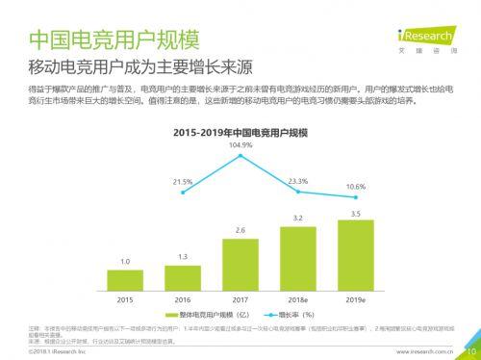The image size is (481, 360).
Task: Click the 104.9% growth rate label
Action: click(240, 144)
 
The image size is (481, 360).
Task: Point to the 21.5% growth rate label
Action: click(183, 181)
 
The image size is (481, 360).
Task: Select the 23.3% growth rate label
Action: click(298, 180)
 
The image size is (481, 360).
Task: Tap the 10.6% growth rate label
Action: click(356, 186)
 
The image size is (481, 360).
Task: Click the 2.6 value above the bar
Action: click(240, 230)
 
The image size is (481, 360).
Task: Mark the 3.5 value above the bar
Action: click(356, 213)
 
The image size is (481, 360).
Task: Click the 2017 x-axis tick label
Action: click(240, 300)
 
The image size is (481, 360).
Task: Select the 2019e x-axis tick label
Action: click(356, 300)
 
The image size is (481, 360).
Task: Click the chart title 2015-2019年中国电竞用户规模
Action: click(240, 130)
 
